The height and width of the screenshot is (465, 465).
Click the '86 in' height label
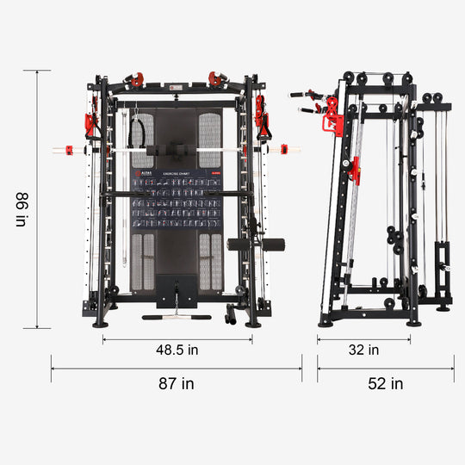point(21,208)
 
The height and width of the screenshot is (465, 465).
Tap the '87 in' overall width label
point(176,384)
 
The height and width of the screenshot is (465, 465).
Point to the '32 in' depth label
point(363,350)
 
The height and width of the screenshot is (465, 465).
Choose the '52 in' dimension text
point(385,384)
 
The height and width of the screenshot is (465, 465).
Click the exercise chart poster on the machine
point(176,200)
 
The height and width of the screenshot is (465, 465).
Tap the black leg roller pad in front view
point(243,244)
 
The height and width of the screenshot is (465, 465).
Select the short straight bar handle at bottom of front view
point(176,317)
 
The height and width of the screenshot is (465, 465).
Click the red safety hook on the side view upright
point(354,171)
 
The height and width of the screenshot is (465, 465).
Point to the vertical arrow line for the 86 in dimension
point(37,198)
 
